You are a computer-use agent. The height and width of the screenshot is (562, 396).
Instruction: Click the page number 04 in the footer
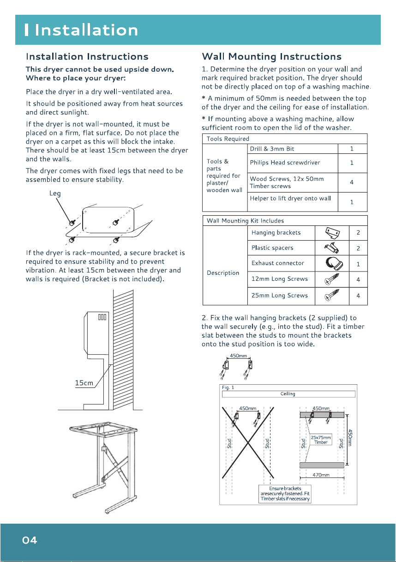(30, 540)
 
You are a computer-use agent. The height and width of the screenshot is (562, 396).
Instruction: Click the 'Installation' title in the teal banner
(86, 30)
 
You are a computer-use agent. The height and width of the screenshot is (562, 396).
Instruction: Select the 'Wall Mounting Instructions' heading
(271, 56)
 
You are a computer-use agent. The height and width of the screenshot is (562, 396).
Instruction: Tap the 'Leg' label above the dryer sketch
(55, 193)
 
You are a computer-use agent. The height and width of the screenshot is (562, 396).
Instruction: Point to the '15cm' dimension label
(84, 383)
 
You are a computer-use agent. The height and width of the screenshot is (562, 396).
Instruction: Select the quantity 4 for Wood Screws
(352, 182)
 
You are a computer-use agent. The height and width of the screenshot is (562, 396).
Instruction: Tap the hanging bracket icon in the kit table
(332, 233)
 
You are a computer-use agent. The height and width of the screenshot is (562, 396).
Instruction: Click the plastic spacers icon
(331, 248)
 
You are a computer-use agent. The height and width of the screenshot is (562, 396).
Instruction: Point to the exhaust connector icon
(334, 263)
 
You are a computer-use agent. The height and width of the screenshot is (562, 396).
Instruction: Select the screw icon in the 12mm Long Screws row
(332, 279)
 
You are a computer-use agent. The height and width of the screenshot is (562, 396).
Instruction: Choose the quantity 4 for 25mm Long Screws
(358, 296)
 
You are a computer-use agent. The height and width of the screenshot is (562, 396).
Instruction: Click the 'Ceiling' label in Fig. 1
(288, 393)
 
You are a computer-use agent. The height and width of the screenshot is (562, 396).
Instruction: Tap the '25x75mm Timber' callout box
(321, 440)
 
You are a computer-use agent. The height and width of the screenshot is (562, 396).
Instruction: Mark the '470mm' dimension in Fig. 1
(321, 475)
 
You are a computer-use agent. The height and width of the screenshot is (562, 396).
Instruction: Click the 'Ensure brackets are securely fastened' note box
(285, 494)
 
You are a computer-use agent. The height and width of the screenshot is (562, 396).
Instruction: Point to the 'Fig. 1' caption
(228, 387)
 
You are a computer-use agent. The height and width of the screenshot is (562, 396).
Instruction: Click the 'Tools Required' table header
(228, 139)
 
